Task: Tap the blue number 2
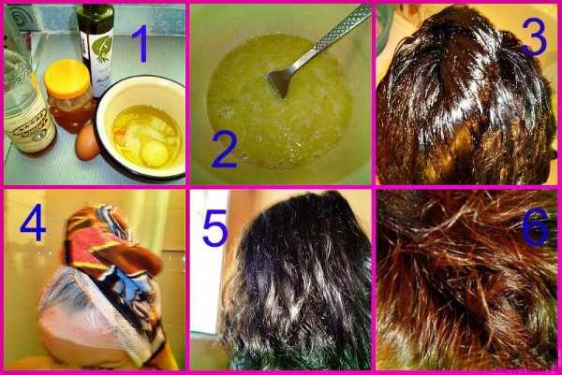(224, 149)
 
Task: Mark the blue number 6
(535, 227)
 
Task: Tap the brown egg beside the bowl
(88, 142)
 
